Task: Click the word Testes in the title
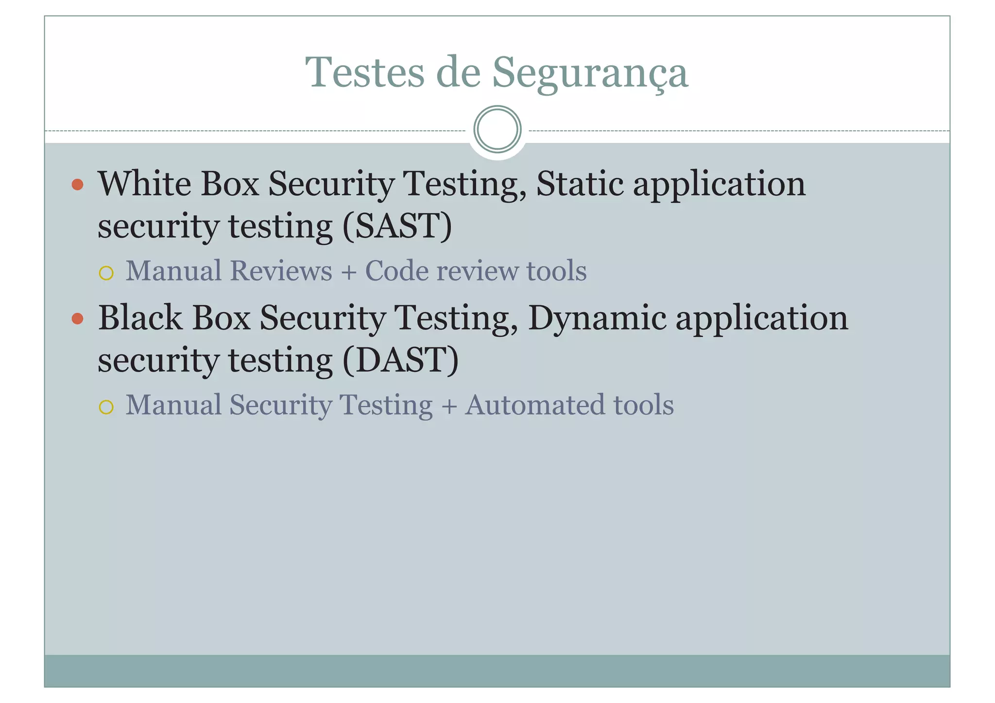[365, 72]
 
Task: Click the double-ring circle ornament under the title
[497, 129]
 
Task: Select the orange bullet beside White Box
[77, 185]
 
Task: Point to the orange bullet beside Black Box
[77, 319]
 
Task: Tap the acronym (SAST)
[397, 226]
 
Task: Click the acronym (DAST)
[400, 360]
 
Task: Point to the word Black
[140, 318]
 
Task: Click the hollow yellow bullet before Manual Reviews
[106, 273]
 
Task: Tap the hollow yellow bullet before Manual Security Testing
[106, 407]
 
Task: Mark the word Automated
[534, 405]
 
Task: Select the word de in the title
[458, 72]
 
